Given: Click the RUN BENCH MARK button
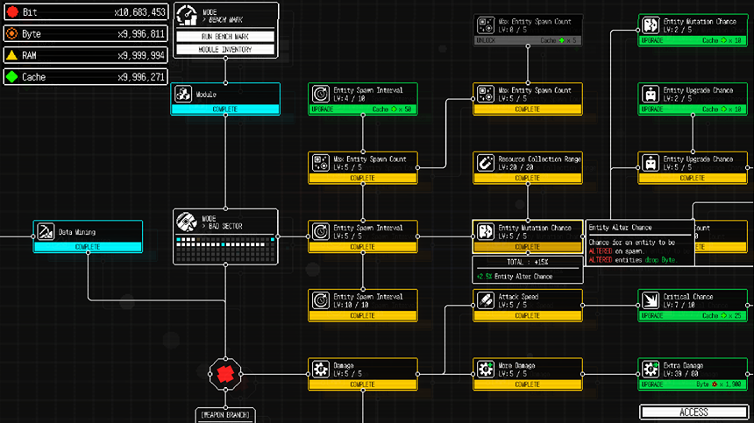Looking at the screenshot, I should [x=225, y=37].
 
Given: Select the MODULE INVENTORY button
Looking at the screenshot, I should [x=225, y=49].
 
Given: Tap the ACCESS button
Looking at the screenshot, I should [x=694, y=412].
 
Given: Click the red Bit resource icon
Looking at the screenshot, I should [x=11, y=12].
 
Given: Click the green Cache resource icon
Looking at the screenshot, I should [x=11, y=77].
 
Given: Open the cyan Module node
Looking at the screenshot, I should [x=225, y=98].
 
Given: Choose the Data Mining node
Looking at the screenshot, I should [x=88, y=236].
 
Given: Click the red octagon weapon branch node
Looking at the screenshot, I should [x=225, y=374].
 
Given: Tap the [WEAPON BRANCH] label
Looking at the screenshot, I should [x=224, y=414].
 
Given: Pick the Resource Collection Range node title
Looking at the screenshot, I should [x=539, y=159].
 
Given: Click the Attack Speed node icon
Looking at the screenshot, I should [x=486, y=300].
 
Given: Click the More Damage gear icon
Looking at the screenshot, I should [x=486, y=369].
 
